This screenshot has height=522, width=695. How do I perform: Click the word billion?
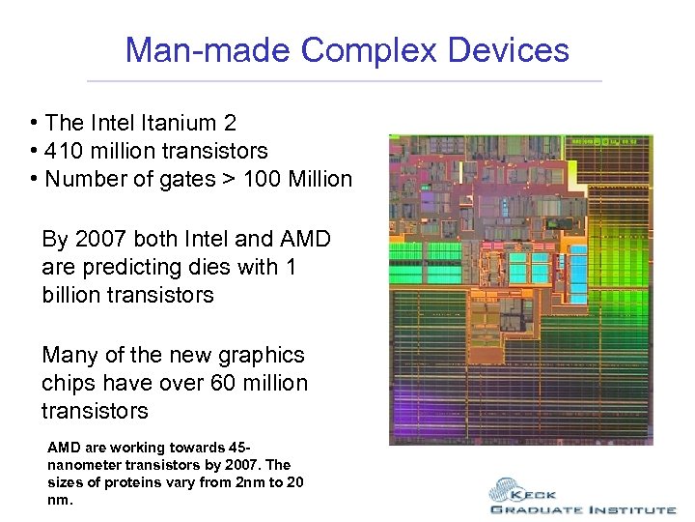coord(76,296)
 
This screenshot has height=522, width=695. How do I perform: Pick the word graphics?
coord(257,356)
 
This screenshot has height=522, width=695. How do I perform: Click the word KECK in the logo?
coord(549,490)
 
